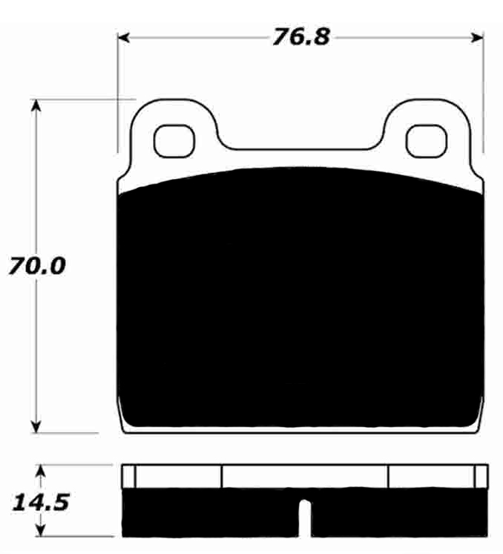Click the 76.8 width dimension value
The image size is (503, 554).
pos(300,37)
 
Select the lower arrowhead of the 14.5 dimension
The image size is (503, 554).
pos(42,532)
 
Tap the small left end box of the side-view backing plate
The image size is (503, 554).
pos(128,476)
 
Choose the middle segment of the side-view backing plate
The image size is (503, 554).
pos(305,476)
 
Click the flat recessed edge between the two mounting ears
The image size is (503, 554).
pos(304,148)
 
